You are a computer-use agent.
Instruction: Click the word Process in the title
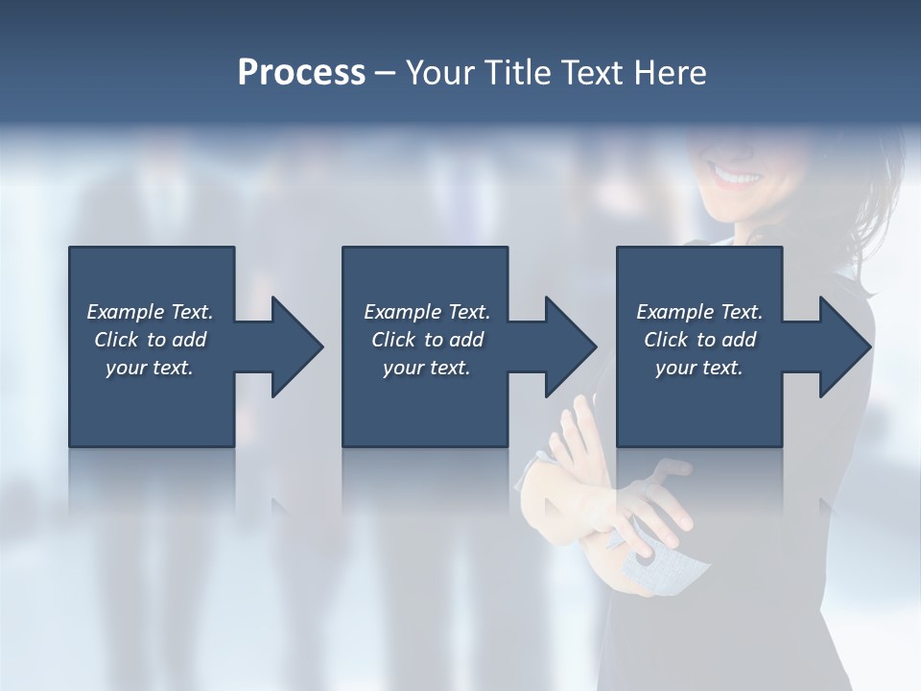(x=301, y=73)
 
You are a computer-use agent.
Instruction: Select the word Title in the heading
(x=518, y=73)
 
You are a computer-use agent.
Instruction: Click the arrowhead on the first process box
(x=293, y=346)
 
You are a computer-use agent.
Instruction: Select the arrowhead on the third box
(x=840, y=346)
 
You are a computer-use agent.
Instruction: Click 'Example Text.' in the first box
(x=150, y=312)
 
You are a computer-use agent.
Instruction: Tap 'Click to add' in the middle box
(x=427, y=340)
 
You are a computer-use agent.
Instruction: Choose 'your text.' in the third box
(x=698, y=368)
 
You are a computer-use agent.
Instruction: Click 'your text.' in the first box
(x=150, y=368)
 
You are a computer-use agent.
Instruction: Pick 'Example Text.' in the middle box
(x=427, y=312)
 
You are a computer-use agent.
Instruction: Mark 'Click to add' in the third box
(x=699, y=340)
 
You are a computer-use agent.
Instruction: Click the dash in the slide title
(x=385, y=73)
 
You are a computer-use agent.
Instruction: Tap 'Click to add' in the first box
(x=150, y=340)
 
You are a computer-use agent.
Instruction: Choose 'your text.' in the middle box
(x=427, y=368)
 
